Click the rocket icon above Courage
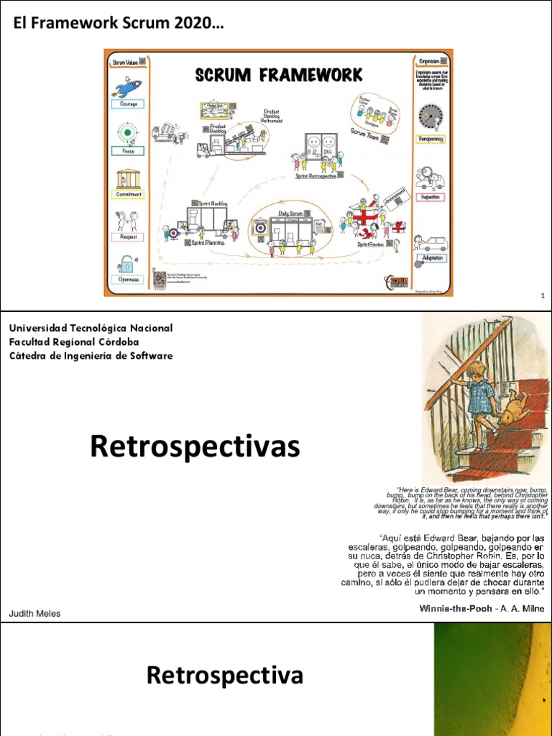[x=128, y=86]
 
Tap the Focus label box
[x=127, y=151]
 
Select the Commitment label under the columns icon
[x=129, y=194]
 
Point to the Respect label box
[x=128, y=236]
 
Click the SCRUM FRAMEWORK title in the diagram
[x=277, y=75]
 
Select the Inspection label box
[x=431, y=197]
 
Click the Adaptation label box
[x=432, y=258]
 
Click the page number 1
[x=542, y=296]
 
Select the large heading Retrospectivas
[x=194, y=446]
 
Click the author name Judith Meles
[x=34, y=613]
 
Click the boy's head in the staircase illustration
[x=477, y=372]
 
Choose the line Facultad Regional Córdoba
[x=74, y=342]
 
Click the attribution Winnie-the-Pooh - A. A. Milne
[x=482, y=609]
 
